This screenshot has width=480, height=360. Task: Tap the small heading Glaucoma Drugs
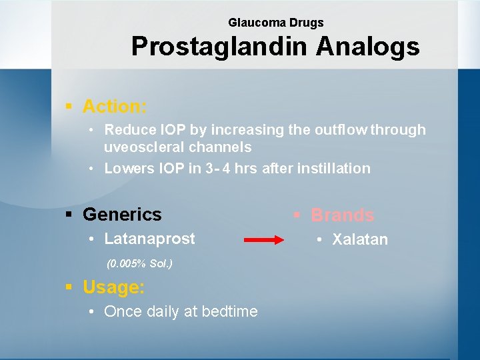(275, 23)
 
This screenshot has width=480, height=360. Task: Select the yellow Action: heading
(115, 106)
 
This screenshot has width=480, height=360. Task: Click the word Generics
(122, 214)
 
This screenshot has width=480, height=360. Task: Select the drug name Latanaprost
(150, 238)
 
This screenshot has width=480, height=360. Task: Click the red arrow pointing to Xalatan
(259, 240)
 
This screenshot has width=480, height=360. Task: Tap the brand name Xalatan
(360, 240)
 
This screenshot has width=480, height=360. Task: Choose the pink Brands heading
(343, 215)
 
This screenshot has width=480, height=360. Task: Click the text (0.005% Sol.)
(139, 263)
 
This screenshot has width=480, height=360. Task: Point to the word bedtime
(229, 311)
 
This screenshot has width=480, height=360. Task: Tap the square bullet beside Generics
(69, 215)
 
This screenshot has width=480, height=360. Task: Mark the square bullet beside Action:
(69, 107)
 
